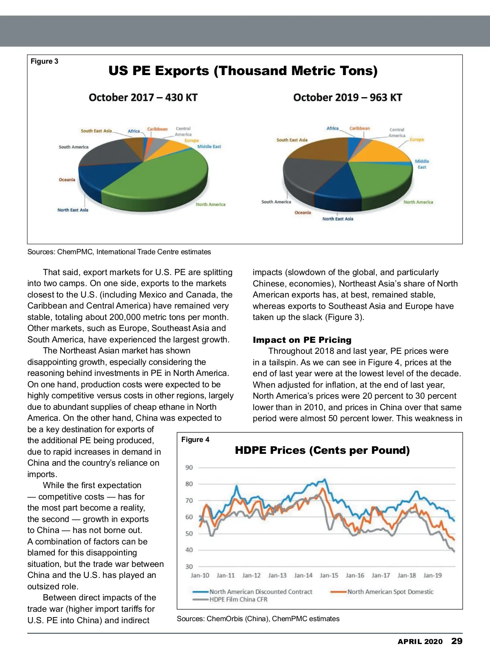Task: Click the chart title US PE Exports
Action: [x=243, y=71]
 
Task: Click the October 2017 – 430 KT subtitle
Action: [x=143, y=98]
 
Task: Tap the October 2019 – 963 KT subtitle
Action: [x=347, y=98]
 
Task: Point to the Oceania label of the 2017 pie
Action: [x=67, y=180]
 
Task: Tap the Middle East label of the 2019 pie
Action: [x=422, y=164]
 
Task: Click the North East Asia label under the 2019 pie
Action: [x=338, y=219]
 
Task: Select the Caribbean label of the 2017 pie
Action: [x=157, y=129]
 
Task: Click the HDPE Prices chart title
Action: [x=322, y=450]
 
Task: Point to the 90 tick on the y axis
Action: [x=189, y=467]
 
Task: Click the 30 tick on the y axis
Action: [x=189, y=566]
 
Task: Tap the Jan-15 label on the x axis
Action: [x=329, y=575]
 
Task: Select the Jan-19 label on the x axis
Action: [x=432, y=575]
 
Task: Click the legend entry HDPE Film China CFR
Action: [x=238, y=600]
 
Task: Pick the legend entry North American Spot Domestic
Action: [x=390, y=592]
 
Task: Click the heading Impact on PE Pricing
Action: [x=302, y=340]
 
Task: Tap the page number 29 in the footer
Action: [x=457, y=641]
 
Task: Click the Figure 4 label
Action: [x=195, y=440]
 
